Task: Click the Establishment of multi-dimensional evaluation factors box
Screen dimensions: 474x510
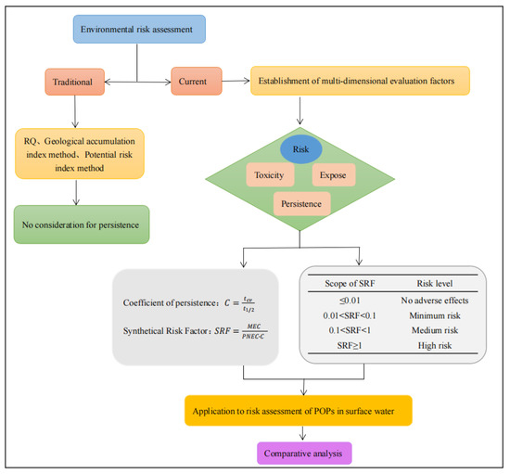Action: click(x=360, y=82)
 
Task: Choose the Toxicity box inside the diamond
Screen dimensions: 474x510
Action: click(x=269, y=173)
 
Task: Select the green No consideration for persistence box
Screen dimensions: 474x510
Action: click(x=81, y=224)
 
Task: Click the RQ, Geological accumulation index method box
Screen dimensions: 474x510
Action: click(x=81, y=152)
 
